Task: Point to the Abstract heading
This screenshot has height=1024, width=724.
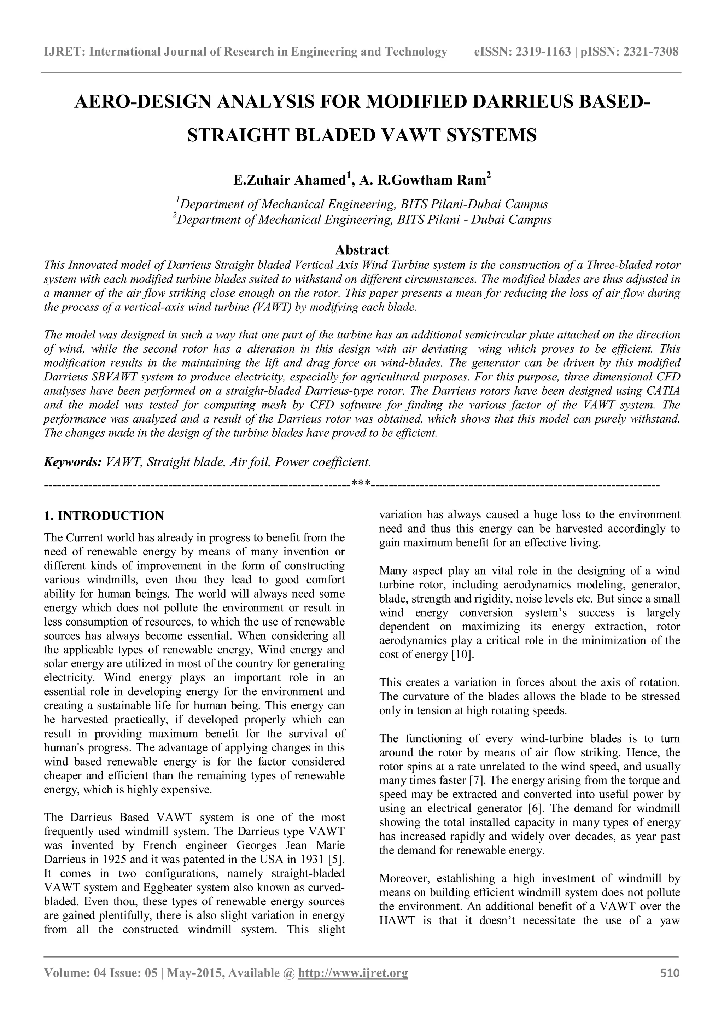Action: (x=362, y=249)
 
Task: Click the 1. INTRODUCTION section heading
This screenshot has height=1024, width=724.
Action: (x=104, y=516)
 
